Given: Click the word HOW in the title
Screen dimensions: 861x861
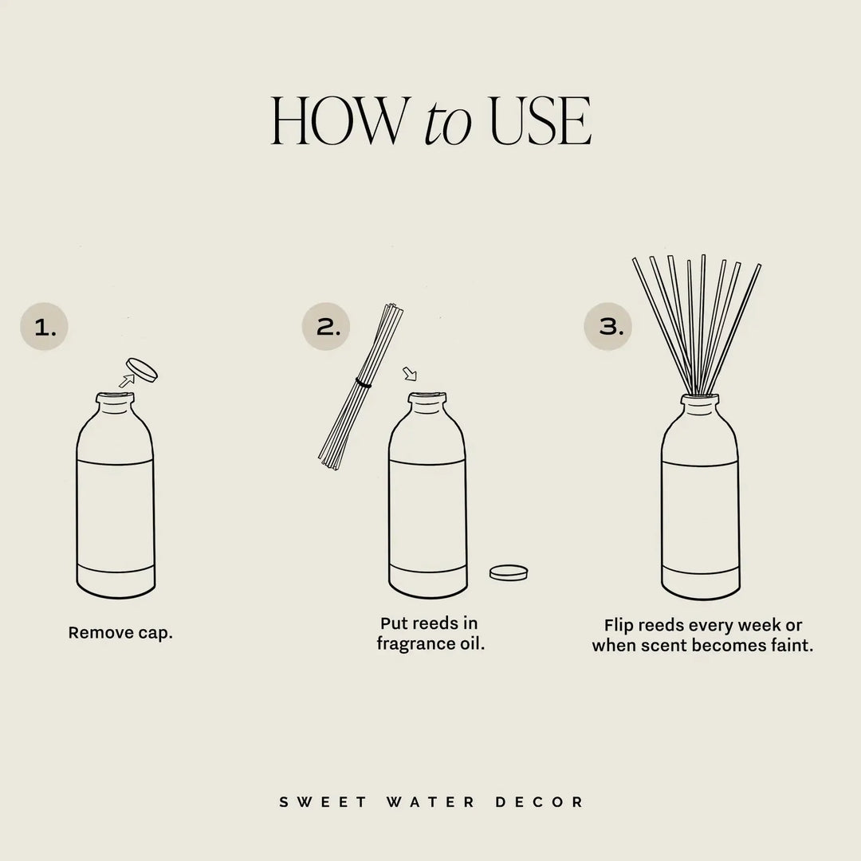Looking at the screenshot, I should [x=337, y=121].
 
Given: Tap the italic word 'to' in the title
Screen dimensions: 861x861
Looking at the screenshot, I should [x=446, y=124].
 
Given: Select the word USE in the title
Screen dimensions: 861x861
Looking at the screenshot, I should [x=541, y=121].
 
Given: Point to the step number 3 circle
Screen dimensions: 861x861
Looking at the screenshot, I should [x=608, y=326].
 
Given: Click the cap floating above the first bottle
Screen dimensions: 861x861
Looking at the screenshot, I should [x=143, y=369].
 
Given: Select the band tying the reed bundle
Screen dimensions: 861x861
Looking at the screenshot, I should [x=364, y=384].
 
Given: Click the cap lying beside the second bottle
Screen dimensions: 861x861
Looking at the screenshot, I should [x=509, y=572].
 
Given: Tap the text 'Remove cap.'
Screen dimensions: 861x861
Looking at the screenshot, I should [x=120, y=633].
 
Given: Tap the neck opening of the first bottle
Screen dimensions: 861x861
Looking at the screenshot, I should [x=115, y=396].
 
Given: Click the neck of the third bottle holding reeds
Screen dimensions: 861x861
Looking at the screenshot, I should [x=701, y=405].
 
